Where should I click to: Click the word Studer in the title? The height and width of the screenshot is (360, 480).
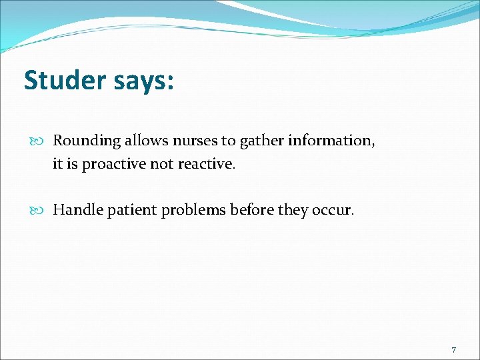point(64,80)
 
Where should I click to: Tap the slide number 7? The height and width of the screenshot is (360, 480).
point(454,350)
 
